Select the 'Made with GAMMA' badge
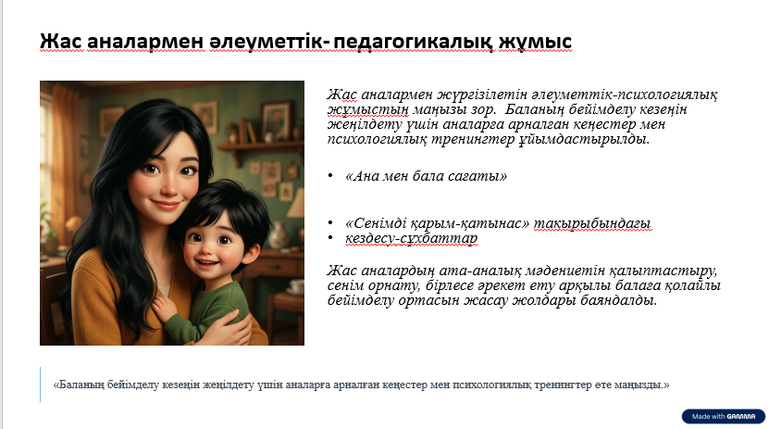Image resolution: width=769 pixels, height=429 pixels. pos(724,416)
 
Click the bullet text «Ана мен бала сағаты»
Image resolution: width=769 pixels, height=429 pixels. pos(427,176)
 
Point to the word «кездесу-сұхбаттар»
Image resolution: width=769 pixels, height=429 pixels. pos(411,238)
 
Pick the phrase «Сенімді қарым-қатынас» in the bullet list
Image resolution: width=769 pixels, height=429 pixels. pos(438,224)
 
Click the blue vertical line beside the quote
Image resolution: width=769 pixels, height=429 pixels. pos(40,385)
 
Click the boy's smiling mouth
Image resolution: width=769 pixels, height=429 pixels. pos(208,262)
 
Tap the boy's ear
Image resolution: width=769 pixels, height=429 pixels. pos(252,253)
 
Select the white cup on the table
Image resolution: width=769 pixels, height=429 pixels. pos(296,285)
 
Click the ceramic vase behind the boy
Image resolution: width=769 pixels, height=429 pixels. pos(278,235)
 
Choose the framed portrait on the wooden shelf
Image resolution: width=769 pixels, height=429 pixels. pos(275,120)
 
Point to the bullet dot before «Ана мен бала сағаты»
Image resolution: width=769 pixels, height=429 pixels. pos(330,176)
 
